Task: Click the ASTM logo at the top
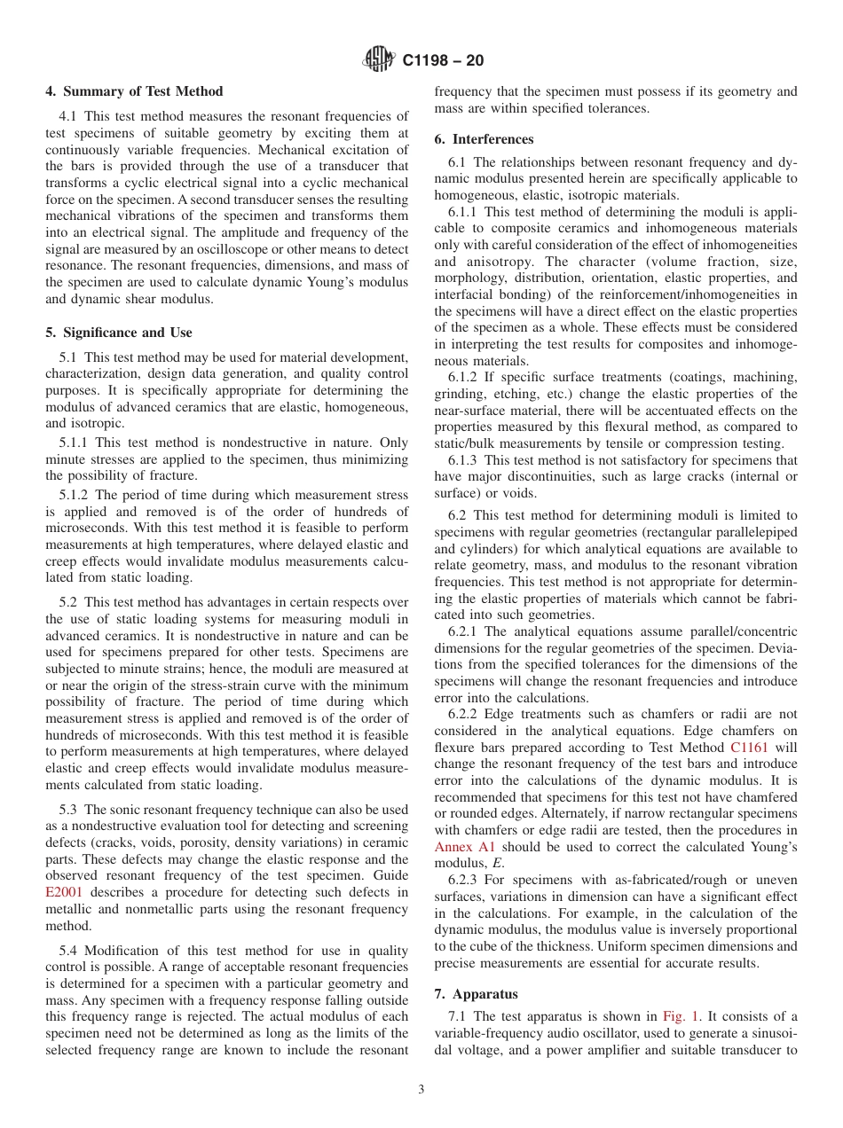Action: tap(380, 60)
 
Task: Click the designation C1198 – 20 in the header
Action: tap(443, 61)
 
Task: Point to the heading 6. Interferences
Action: tap(484, 139)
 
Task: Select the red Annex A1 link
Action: tap(464, 847)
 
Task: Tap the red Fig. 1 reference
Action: tap(680, 1016)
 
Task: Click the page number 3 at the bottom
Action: tap(421, 1090)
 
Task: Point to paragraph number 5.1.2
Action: tap(76, 495)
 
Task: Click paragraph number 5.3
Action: tap(69, 810)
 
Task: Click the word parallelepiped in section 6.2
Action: tap(754, 532)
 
